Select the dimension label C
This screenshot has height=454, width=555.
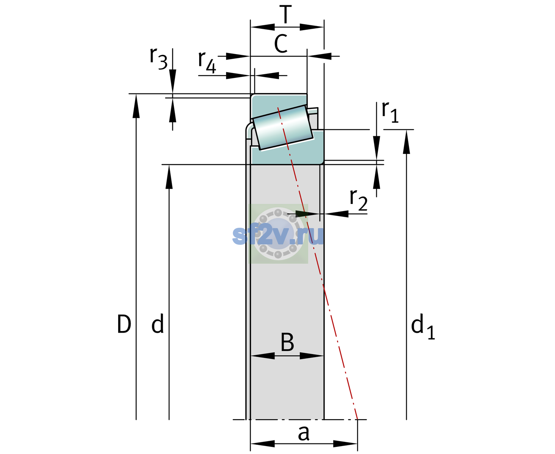281,44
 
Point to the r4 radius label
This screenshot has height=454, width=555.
207,62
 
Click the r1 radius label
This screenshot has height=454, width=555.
390,112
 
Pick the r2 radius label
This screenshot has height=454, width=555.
359,200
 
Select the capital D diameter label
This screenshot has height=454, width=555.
124,324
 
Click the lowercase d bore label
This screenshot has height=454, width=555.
157,323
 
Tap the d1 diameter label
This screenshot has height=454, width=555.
423,326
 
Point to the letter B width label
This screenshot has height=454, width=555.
287,342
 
